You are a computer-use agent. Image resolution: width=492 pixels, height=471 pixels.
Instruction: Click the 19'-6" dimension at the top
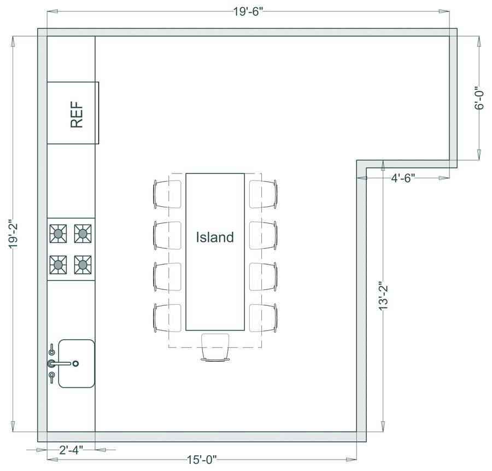click(x=249, y=11)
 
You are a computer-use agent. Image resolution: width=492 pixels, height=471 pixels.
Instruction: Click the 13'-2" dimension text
click(x=383, y=295)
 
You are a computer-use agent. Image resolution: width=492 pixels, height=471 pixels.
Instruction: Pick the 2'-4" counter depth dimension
click(x=71, y=450)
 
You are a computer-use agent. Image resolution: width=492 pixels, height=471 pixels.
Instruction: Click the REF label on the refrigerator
click(x=77, y=113)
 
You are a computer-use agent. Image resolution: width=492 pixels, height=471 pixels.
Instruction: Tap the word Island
click(x=215, y=237)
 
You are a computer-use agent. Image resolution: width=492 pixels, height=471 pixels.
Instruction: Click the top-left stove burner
click(x=58, y=234)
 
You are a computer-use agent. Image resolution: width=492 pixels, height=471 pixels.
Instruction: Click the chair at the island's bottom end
click(x=215, y=347)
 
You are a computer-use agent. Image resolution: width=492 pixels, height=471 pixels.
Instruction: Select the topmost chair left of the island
click(x=166, y=194)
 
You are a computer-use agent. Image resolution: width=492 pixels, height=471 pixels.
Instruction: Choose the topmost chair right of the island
click(x=264, y=194)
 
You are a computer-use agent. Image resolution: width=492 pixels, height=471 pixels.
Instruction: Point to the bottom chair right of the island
click(x=264, y=318)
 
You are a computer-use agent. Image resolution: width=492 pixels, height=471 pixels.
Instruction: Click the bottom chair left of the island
click(x=166, y=318)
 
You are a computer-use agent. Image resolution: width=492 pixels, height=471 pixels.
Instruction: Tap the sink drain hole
click(x=76, y=363)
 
